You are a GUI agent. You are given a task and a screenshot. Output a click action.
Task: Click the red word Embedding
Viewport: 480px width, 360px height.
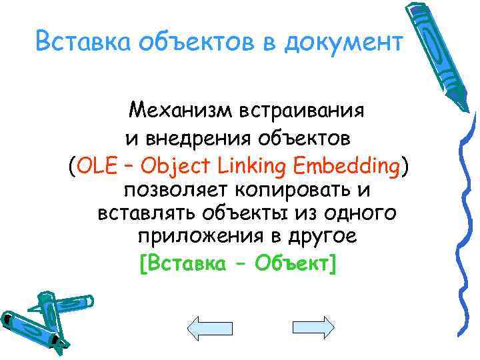click(345, 166)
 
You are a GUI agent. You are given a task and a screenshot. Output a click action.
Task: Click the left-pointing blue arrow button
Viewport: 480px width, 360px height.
click(209, 329)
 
